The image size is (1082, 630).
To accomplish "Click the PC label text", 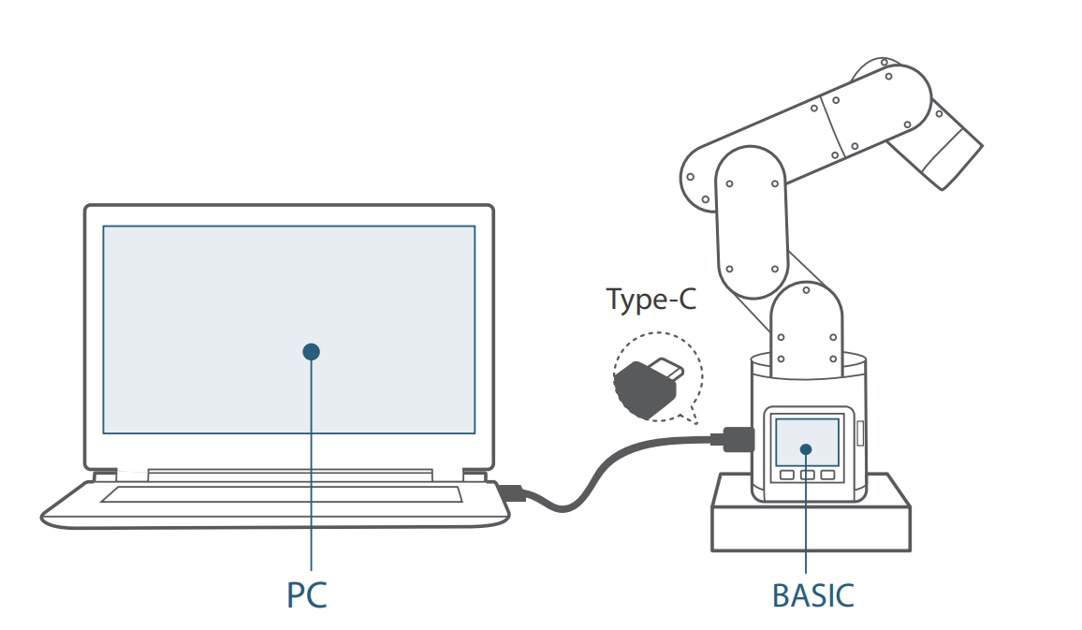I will click(306, 595).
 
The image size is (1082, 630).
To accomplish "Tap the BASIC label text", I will click(812, 595).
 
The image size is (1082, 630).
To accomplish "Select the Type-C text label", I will click(651, 300).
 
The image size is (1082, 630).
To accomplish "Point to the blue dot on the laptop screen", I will click(312, 352).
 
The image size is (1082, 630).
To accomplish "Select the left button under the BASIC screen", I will click(786, 476).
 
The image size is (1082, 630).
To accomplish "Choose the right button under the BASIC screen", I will click(827, 476).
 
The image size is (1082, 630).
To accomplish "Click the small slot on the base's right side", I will click(860, 432).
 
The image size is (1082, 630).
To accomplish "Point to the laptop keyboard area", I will click(281, 494).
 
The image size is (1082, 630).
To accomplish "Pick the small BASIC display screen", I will click(807, 441).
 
